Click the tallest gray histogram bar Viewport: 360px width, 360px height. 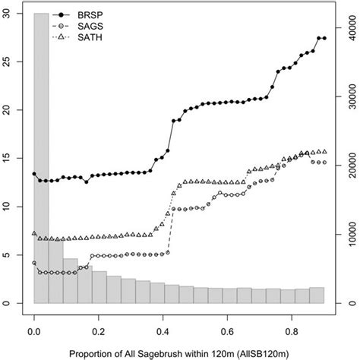coord(41,152)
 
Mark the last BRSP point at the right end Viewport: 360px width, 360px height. coord(324,38)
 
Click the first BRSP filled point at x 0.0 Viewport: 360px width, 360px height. coord(34,174)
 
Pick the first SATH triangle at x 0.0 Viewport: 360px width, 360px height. coord(34,233)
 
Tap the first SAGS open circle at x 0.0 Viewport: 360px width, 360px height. coord(34,263)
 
